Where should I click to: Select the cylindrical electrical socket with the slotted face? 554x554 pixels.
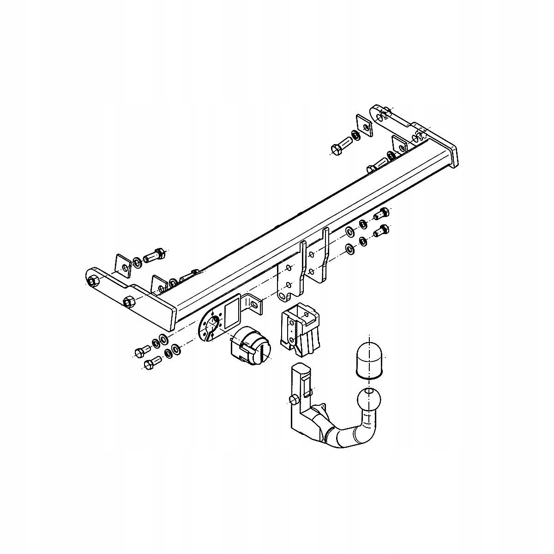[x=252, y=346]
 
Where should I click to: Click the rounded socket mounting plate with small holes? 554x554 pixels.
[x=211, y=325]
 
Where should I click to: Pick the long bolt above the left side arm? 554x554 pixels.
[x=153, y=255]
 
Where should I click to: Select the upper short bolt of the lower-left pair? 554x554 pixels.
[x=141, y=352]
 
